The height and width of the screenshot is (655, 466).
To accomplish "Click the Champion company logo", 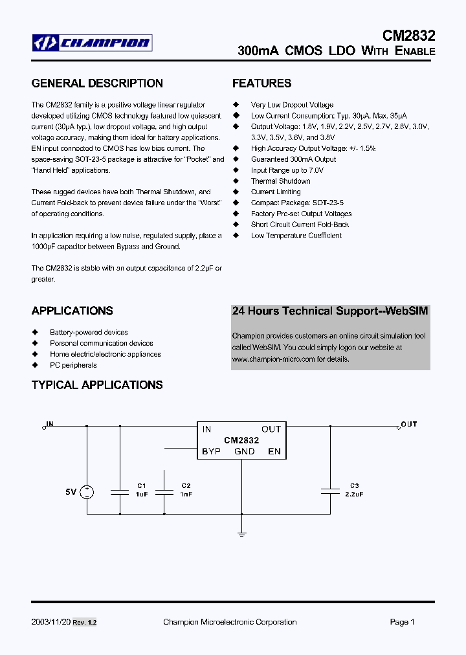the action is coord(93,43).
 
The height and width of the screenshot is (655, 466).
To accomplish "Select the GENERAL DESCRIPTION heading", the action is coord(97,83).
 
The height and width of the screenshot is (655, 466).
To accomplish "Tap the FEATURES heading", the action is coord(261,83).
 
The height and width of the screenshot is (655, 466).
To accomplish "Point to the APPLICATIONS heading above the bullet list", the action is coord(72,311).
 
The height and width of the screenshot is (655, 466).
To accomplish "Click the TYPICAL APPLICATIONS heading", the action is coord(97,385).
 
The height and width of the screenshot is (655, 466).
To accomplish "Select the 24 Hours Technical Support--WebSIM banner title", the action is coord(330,311).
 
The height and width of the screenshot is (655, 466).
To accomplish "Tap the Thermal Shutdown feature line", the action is coord(280,181).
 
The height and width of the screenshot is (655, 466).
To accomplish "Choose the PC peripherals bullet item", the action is coord(73,365).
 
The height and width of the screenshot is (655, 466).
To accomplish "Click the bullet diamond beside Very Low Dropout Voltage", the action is coord(236,105).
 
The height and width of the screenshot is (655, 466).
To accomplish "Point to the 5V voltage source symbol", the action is coord(86,493).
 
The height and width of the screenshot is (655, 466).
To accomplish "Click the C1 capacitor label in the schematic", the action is coord(142,485).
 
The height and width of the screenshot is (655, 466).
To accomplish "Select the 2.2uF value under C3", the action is coord(354,494).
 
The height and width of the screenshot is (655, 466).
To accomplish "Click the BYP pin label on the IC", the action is coord(211,451).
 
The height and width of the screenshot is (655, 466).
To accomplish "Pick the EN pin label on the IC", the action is coord(274,451).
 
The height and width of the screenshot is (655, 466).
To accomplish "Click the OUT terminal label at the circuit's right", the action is coord(409,425).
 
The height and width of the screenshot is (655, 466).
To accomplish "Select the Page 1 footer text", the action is coord(402,622).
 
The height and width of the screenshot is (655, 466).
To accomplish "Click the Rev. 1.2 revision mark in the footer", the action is coord(85,623).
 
